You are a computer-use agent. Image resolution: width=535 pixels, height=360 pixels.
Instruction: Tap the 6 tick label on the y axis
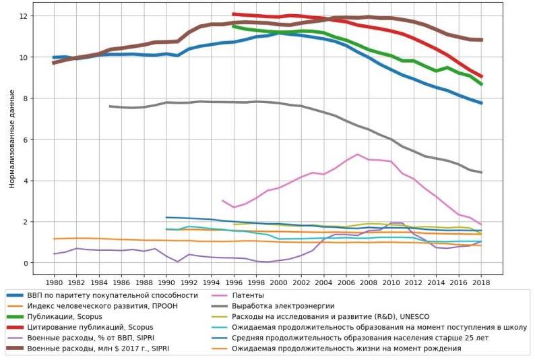[25, 140]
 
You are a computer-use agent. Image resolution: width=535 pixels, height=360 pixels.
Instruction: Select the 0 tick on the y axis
[25, 263]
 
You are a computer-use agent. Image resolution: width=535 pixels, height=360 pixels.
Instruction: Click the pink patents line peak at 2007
[358, 154]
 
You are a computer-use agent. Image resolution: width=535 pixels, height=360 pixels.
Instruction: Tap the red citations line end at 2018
[481, 76]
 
